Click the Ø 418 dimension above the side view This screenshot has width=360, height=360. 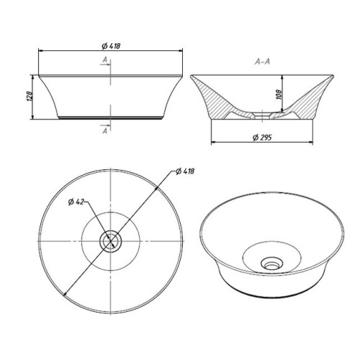pos(111,46)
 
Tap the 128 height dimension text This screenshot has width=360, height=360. pos(30,96)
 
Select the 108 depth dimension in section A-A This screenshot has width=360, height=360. pos(279,94)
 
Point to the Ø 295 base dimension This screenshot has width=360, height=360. pos(262,138)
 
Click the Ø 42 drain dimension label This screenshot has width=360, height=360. pos(76,202)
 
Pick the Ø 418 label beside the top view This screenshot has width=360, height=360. pos(185,171)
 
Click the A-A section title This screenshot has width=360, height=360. pos(262,62)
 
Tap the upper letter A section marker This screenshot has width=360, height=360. pos(105,60)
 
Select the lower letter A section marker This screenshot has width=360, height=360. pos(105,131)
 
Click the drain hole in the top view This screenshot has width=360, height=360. pos(111,240)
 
